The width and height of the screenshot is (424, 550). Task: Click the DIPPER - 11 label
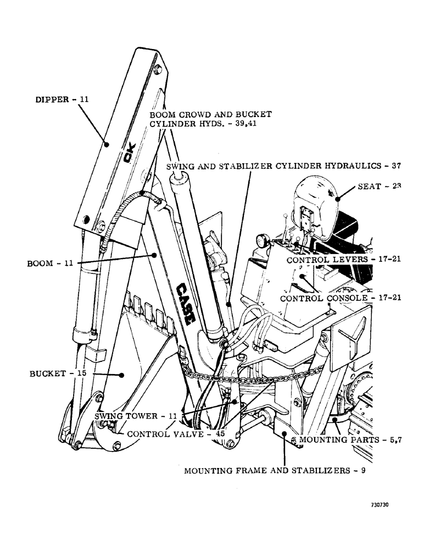pyautogui.click(x=61, y=100)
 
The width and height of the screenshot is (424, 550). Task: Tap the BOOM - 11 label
pyautogui.click(x=50, y=263)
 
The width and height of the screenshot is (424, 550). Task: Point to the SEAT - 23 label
pyautogui.click(x=380, y=186)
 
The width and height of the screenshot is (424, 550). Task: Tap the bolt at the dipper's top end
pyautogui.click(x=158, y=68)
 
